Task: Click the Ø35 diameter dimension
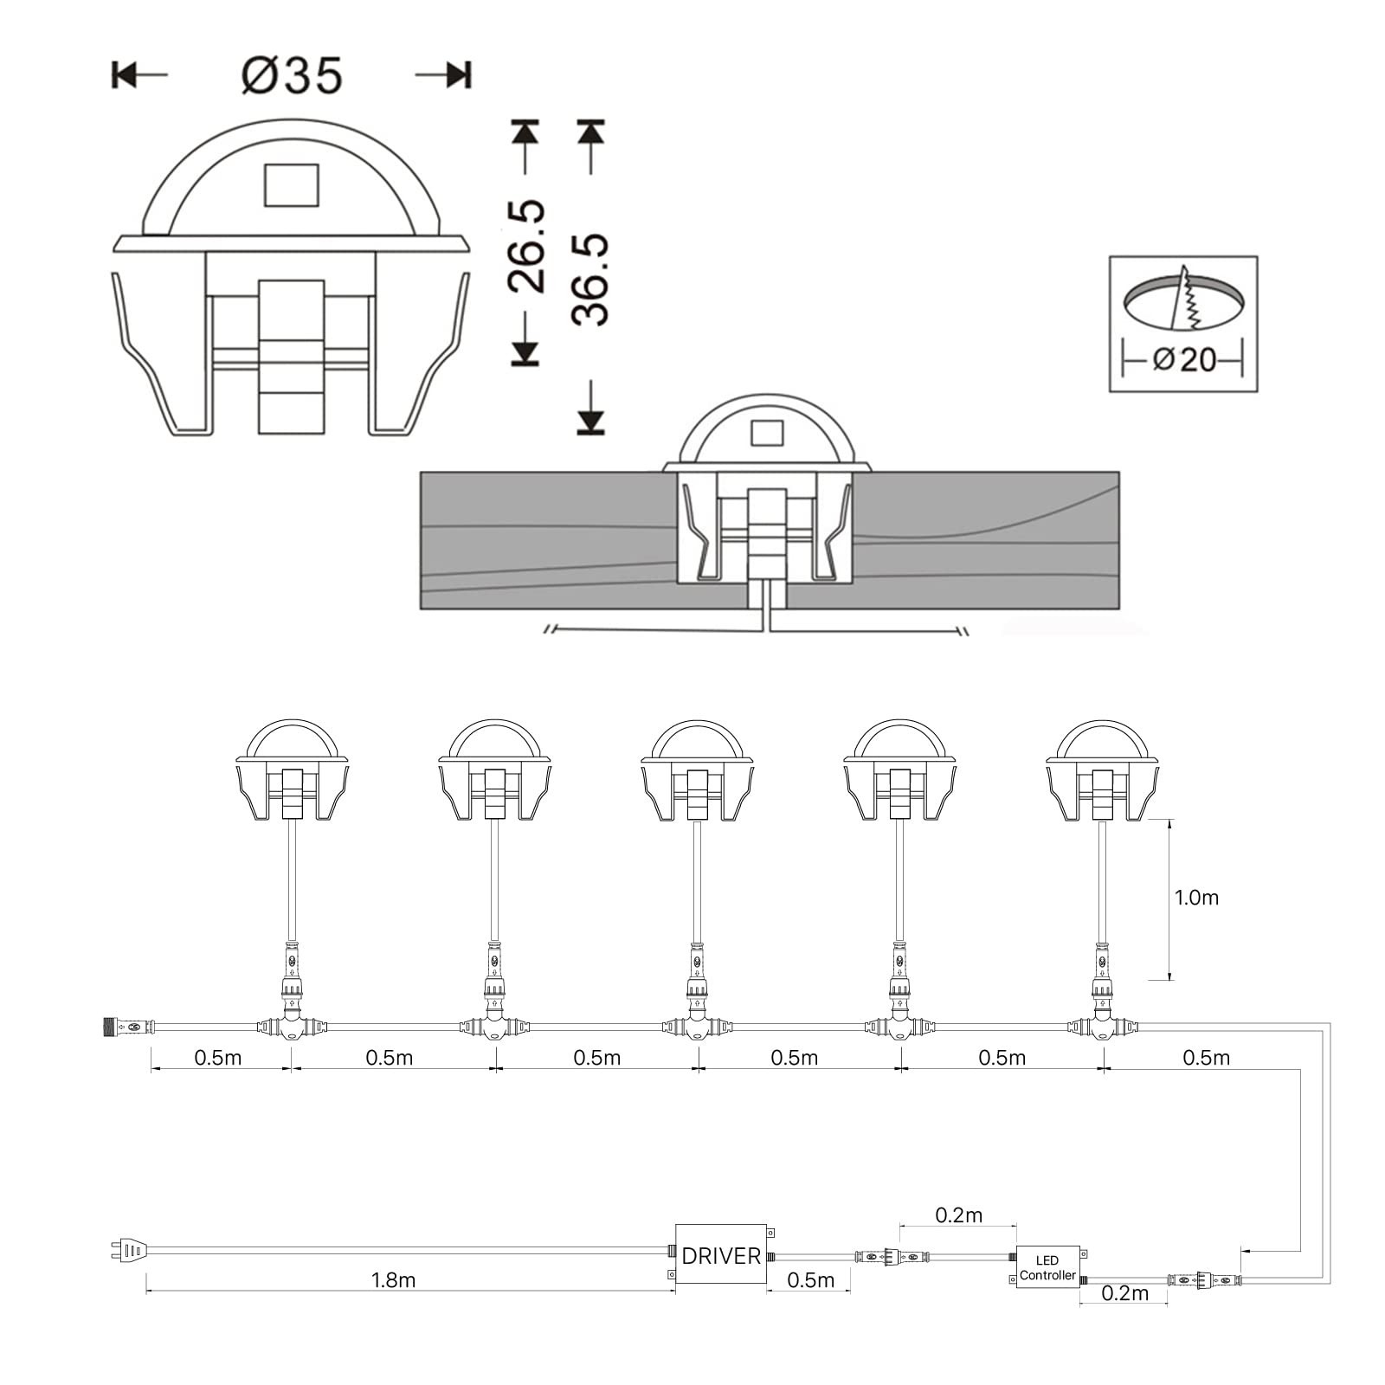click(x=292, y=75)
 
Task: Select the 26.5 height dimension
click(x=526, y=245)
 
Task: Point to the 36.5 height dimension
click(x=591, y=279)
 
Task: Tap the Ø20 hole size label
click(x=1184, y=358)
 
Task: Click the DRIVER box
click(x=721, y=1256)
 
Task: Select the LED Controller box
click(x=1047, y=1267)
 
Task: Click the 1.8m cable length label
click(x=394, y=1280)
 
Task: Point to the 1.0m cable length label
click(x=1196, y=898)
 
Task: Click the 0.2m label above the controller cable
click(x=958, y=1215)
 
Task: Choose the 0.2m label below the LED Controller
click(x=1125, y=1293)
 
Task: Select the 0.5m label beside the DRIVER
click(x=811, y=1280)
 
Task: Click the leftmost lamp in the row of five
click(x=292, y=770)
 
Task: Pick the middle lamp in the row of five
click(x=697, y=770)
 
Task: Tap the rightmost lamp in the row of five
click(x=1102, y=770)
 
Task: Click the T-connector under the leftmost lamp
click(x=293, y=1027)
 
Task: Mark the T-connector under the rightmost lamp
click(x=1103, y=1027)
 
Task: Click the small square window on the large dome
click(x=292, y=184)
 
